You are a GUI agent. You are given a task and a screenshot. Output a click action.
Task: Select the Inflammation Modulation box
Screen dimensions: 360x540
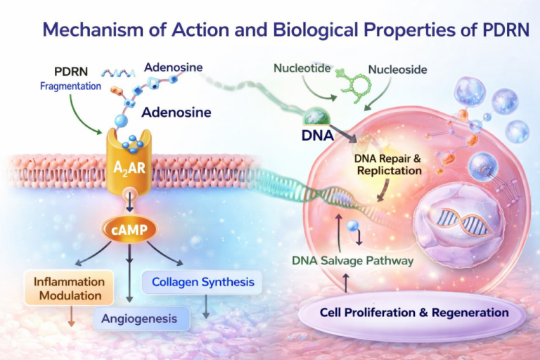coord(69,288)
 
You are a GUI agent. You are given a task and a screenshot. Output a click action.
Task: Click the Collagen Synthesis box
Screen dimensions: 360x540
coord(203,283)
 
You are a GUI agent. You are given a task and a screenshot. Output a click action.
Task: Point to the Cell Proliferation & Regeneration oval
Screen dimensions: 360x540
coord(413,312)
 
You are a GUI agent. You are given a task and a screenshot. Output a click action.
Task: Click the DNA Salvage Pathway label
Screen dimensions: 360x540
coord(353,261)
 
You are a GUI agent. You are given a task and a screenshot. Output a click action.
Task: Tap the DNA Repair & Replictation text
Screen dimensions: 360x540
coord(388,163)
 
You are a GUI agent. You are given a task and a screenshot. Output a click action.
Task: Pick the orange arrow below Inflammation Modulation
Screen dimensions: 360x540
coord(70,318)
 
